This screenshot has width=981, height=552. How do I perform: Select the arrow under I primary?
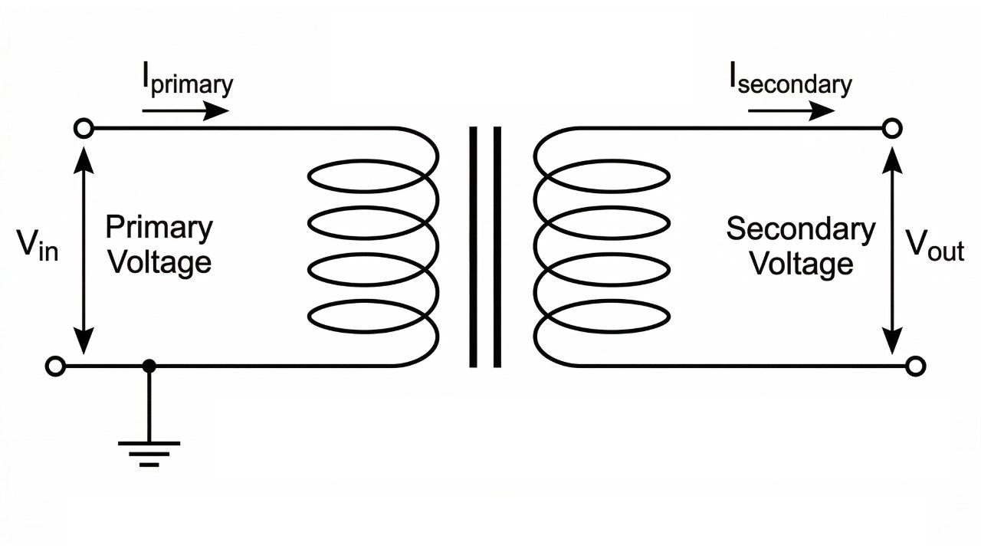tap(185, 110)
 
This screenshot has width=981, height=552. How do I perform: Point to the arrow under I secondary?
tap(791, 110)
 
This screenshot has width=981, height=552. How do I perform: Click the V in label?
tap(38, 246)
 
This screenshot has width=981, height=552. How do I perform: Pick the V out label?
tap(934, 246)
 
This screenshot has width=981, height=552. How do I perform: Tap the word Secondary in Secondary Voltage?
tap(800, 229)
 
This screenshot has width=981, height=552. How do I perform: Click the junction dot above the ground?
tap(149, 366)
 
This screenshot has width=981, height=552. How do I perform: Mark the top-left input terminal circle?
tap(84, 128)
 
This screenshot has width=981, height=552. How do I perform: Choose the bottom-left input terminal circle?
tap(55, 366)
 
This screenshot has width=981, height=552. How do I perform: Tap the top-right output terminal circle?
tap(891, 128)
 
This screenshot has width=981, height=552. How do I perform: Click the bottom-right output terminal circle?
tap(915, 366)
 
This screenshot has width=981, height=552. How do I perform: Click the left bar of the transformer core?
tap(473, 247)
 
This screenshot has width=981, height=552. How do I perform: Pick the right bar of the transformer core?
tap(497, 247)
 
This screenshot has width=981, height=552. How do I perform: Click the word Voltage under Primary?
tap(159, 262)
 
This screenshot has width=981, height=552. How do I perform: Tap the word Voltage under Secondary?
tap(801, 264)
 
